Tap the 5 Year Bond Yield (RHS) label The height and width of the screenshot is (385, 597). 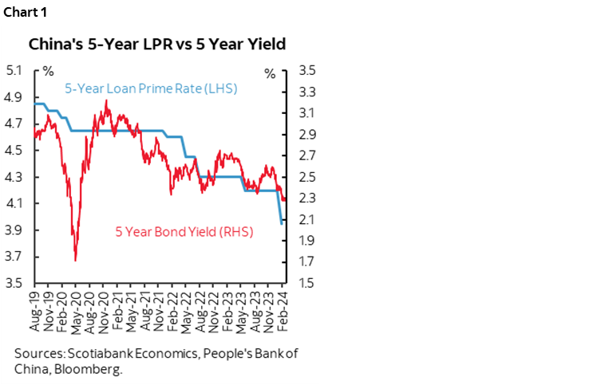pyautogui.click(x=184, y=232)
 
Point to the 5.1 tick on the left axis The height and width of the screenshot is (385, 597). pyautogui.click(x=14, y=70)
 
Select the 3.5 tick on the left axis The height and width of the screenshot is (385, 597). pyautogui.click(x=14, y=283)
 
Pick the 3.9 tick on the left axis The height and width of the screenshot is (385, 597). pyautogui.click(x=14, y=230)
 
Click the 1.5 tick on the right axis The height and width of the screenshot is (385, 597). pyautogui.click(x=307, y=283)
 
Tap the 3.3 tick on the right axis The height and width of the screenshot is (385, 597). pyautogui.click(x=307, y=92)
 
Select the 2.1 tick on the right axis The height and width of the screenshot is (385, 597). pyautogui.click(x=307, y=219)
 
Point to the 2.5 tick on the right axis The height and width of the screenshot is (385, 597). pyautogui.click(x=307, y=177)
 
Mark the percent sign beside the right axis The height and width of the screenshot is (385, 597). pyautogui.click(x=270, y=73)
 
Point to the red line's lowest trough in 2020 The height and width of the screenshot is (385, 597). pyautogui.click(x=75, y=260)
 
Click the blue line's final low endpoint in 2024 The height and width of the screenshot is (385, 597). pyautogui.click(x=281, y=224)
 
